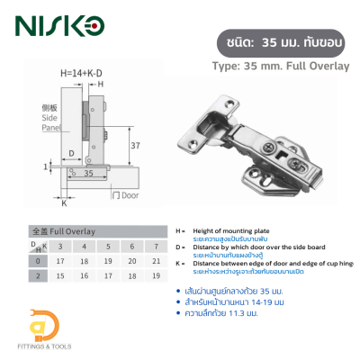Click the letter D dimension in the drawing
[x=70, y=152]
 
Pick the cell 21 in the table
[x=156, y=261]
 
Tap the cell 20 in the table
[x=131, y=261]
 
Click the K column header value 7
[x=156, y=246]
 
